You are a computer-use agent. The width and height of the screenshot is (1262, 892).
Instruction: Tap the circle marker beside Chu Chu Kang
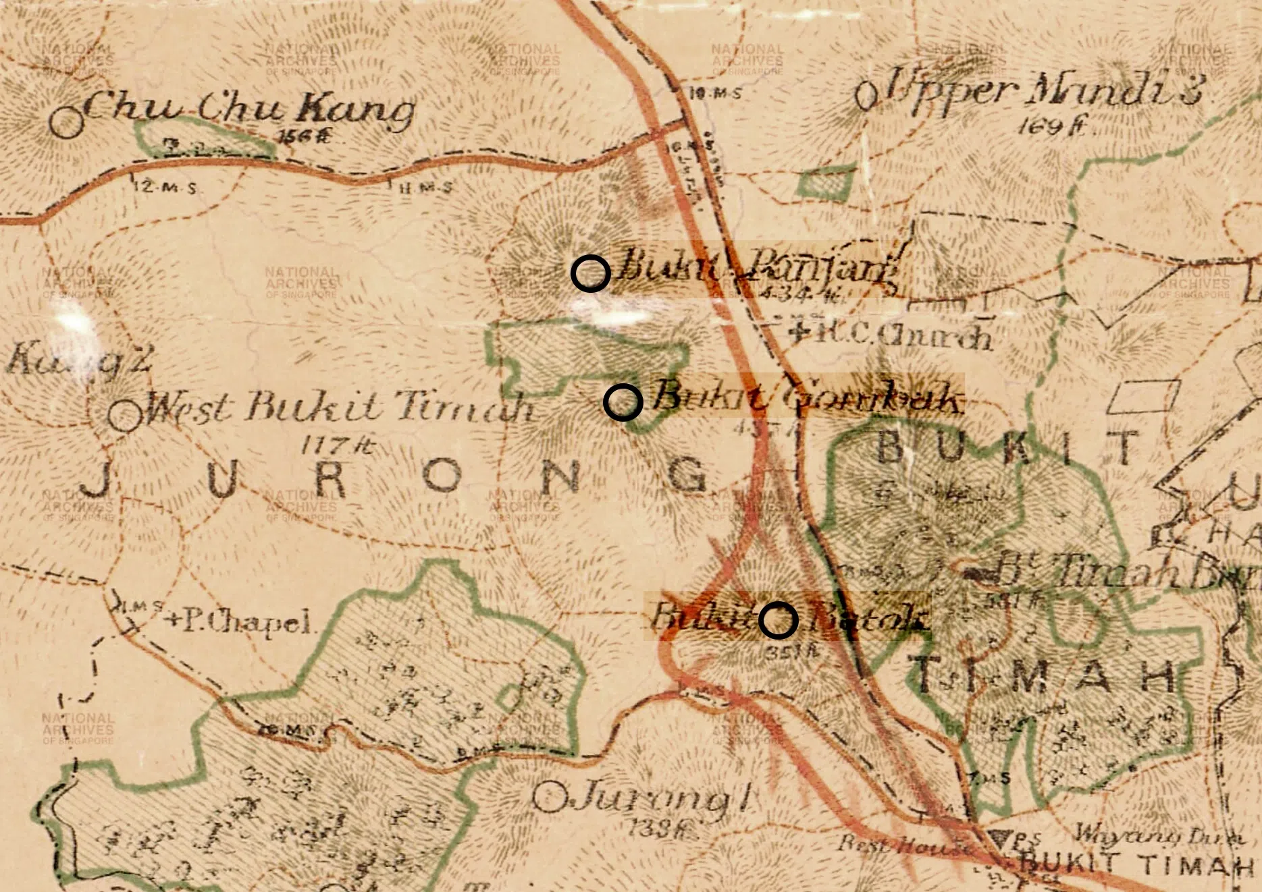coord(67,122)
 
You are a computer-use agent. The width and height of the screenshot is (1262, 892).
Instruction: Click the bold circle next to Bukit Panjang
coord(591,273)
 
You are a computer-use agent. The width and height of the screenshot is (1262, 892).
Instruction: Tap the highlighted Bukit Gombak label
coord(805,398)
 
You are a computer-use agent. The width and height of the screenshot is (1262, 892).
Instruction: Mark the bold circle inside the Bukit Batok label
coord(778,620)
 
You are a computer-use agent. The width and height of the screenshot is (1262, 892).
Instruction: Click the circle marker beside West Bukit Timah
coord(125,416)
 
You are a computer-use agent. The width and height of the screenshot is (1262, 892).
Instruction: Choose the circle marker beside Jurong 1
coord(549,798)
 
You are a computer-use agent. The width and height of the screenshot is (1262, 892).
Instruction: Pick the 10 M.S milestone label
coord(717,94)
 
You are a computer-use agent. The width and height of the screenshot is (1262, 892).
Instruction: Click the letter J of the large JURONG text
coord(97,479)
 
